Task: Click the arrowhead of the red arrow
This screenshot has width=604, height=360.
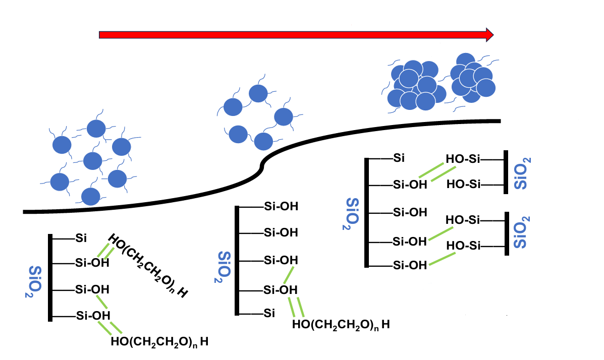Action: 488,34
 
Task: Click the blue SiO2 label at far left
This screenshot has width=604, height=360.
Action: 34,281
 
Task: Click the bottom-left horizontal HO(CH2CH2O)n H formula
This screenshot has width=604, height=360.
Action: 159,342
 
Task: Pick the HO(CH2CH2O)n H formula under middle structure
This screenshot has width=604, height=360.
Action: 341,324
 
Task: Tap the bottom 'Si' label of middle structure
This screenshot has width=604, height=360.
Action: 269,314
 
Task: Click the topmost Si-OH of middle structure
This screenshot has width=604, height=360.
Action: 281,206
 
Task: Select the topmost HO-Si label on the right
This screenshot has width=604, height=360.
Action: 462,160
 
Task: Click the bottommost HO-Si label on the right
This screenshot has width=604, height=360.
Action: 462,246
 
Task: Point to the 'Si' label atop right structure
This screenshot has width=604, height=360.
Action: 399,158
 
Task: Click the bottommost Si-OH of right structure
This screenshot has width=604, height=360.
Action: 410,265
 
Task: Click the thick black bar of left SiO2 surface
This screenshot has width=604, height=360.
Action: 50,277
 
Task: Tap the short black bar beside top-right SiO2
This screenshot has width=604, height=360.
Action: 505,172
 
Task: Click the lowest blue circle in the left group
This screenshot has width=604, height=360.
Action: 91,196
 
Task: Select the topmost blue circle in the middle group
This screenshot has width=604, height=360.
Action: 259,93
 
